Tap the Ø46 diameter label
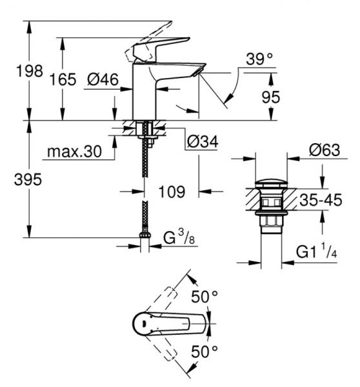pyautogui.click(x=101, y=79)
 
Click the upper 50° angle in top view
pyautogui.click(x=206, y=297)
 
